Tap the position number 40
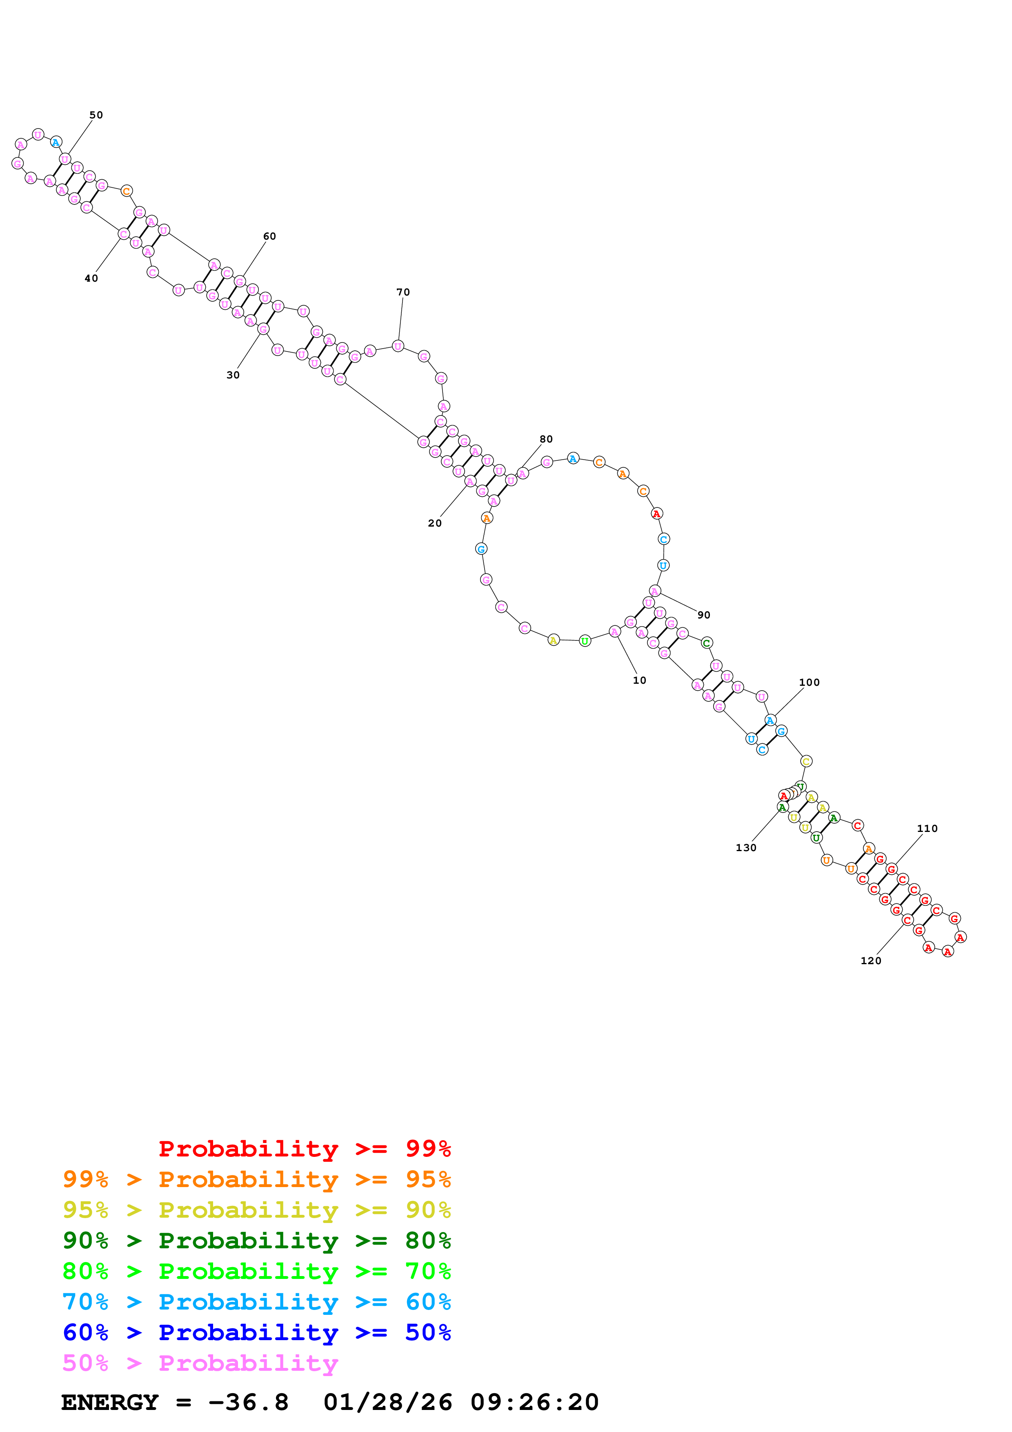click(91, 279)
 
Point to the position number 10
click(639, 680)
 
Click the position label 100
click(809, 682)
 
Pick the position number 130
click(746, 847)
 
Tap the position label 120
click(870, 961)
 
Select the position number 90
click(703, 615)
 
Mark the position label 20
click(435, 523)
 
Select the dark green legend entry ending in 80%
click(256, 1241)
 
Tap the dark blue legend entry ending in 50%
click(256, 1332)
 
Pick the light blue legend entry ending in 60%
click(256, 1302)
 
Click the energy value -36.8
click(248, 1403)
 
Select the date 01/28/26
click(387, 1403)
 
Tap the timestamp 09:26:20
click(534, 1403)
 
